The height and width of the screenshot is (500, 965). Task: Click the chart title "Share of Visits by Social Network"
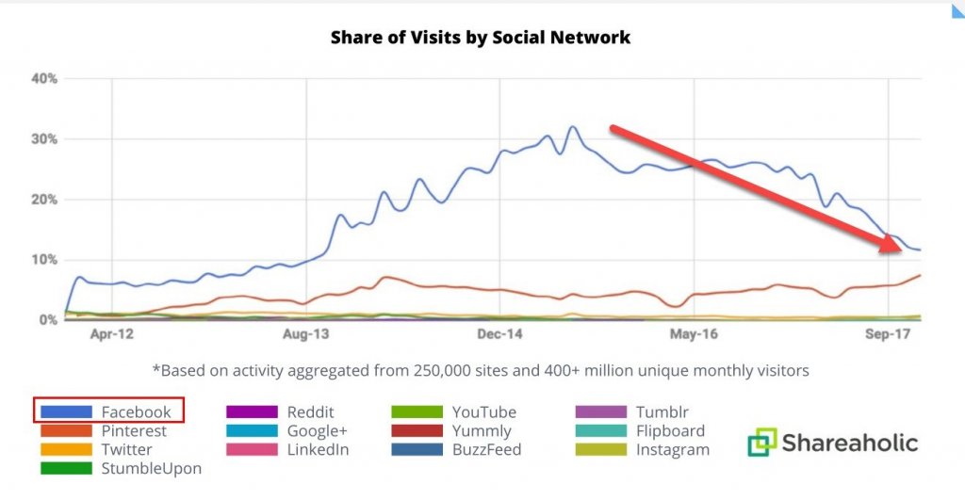pyautogui.click(x=481, y=39)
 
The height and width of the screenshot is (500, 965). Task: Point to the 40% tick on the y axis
pyautogui.click(x=44, y=78)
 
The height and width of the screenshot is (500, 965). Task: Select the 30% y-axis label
pyautogui.click(x=44, y=138)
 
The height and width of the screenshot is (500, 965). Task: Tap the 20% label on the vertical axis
pyautogui.click(x=44, y=200)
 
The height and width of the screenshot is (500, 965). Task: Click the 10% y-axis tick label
pyautogui.click(x=44, y=260)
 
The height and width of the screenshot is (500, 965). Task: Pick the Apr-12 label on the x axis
pyautogui.click(x=111, y=333)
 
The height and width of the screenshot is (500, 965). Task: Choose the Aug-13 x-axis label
pyautogui.click(x=305, y=333)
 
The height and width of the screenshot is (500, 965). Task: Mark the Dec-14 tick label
pyautogui.click(x=499, y=333)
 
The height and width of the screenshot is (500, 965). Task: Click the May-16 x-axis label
pyautogui.click(x=694, y=333)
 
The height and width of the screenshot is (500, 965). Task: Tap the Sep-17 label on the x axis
pyautogui.click(x=887, y=333)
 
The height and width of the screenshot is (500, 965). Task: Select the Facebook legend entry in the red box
pyautogui.click(x=108, y=411)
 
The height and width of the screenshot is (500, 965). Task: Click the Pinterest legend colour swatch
pyautogui.click(x=66, y=430)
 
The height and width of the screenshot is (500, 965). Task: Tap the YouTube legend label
pyautogui.click(x=483, y=411)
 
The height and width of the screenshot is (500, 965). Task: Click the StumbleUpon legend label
pyautogui.click(x=152, y=467)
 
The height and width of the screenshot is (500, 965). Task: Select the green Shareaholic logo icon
pyautogui.click(x=762, y=443)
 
